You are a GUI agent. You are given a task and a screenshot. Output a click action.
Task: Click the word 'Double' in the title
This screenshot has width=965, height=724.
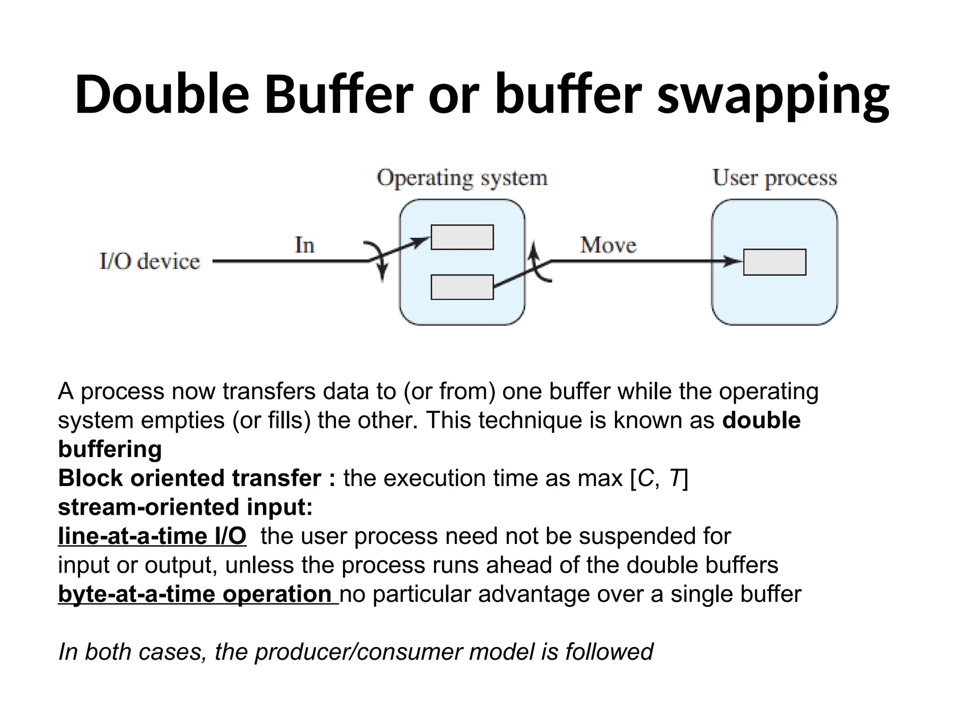pyautogui.click(x=162, y=94)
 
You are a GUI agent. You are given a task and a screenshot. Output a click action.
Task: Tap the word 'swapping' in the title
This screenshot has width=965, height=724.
pyautogui.click(x=773, y=97)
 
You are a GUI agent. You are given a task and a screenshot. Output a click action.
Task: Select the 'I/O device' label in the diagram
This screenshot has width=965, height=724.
pyautogui.click(x=150, y=262)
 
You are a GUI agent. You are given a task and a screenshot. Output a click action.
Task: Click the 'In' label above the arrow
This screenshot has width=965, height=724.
pyautogui.click(x=304, y=245)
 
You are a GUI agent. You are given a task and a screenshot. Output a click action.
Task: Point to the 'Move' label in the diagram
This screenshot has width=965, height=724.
pyautogui.click(x=608, y=245)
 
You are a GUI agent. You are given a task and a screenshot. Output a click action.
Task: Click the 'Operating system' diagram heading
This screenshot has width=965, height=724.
pyautogui.click(x=462, y=179)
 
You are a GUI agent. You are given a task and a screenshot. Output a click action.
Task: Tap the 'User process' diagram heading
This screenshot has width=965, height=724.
pyautogui.click(x=775, y=179)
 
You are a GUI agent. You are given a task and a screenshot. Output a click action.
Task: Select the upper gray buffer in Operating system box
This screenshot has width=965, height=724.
pyautogui.click(x=462, y=237)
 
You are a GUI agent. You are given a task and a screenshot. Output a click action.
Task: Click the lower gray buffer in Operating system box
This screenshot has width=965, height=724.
pyautogui.click(x=462, y=287)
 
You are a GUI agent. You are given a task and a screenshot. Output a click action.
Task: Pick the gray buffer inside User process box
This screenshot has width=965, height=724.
pyautogui.click(x=775, y=262)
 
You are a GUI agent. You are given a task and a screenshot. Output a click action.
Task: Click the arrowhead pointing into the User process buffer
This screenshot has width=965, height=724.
pyautogui.click(x=733, y=261)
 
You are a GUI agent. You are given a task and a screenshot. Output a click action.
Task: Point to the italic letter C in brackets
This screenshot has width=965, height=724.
pyautogui.click(x=645, y=478)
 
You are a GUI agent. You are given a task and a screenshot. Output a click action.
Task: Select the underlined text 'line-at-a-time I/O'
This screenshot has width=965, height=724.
pyautogui.click(x=152, y=536)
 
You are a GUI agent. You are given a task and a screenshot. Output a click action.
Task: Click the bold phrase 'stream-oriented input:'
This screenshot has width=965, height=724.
pyautogui.click(x=185, y=508)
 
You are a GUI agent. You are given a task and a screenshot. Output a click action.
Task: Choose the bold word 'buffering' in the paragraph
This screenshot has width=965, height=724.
pyautogui.click(x=110, y=449)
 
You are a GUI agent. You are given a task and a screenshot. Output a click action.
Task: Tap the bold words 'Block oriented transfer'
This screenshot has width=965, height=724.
pyautogui.click(x=190, y=478)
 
